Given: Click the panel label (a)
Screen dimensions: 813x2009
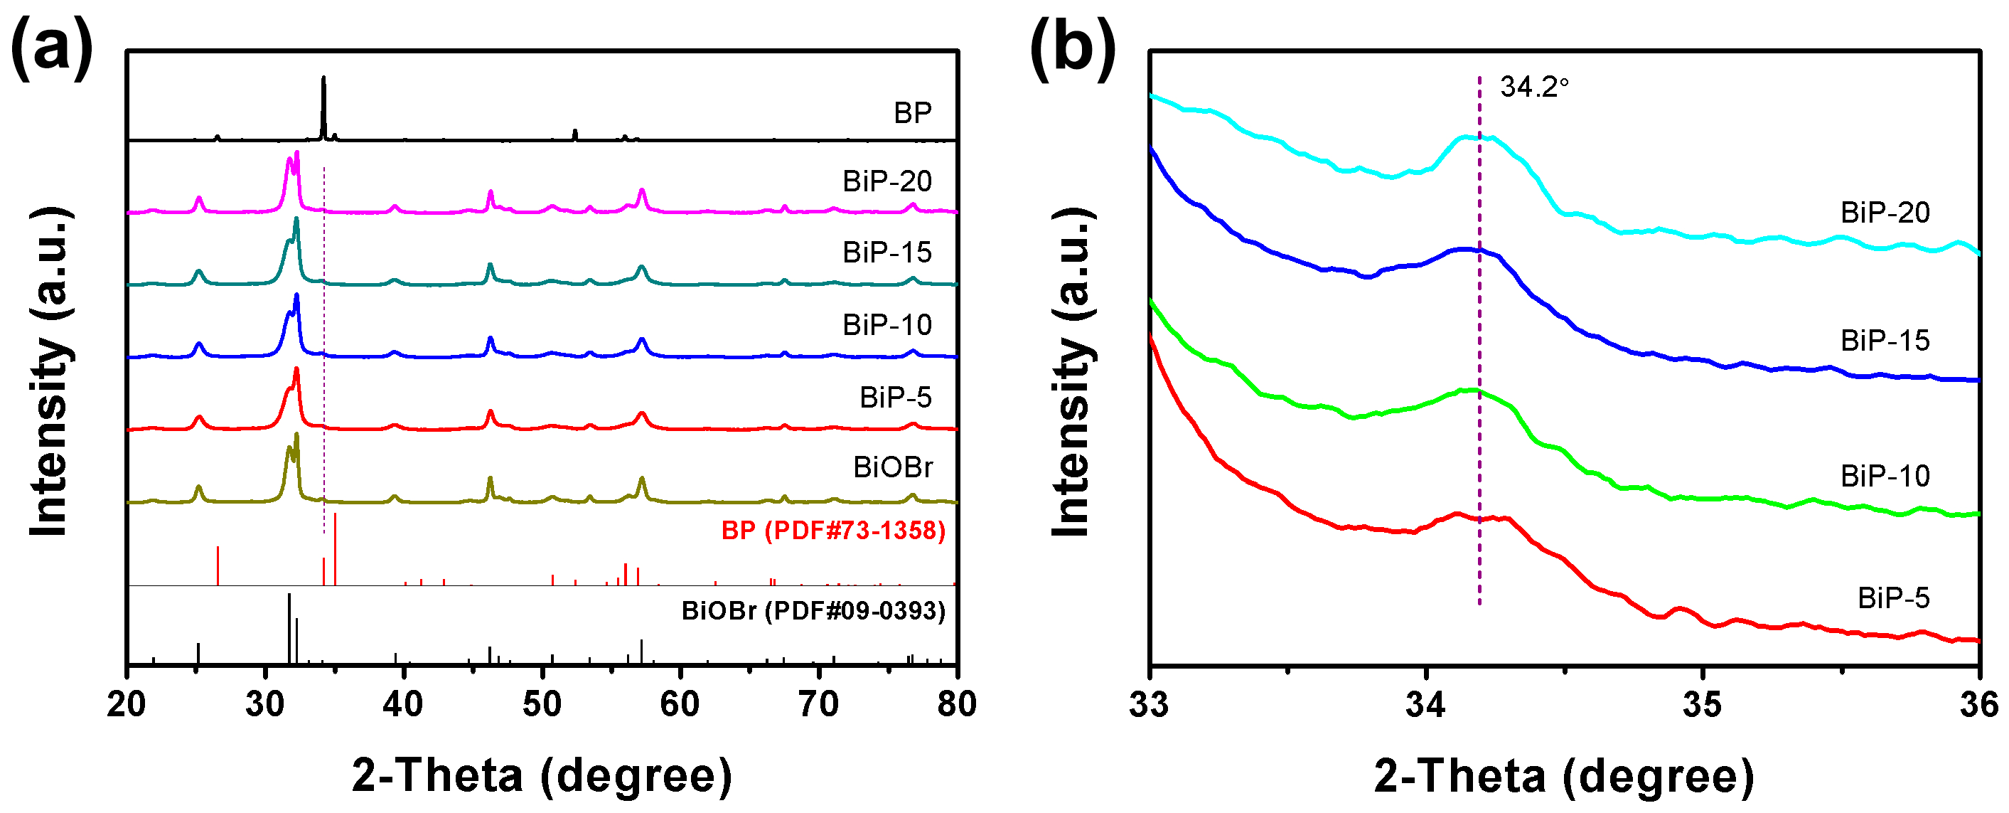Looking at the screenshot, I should coord(51,49).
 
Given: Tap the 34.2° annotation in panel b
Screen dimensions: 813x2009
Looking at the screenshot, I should coord(1533,87).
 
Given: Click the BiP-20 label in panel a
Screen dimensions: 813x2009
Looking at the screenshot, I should coord(886,181).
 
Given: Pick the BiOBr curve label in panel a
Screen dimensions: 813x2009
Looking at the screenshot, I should coord(892,467).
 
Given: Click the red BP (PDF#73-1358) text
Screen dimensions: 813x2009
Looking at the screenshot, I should coord(833,531).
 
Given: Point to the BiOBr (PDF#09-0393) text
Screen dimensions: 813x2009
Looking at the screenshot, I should coord(813,610).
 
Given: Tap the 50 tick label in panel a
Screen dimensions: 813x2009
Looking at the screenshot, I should coord(541,705).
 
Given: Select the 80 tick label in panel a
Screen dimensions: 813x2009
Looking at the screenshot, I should coord(956,705).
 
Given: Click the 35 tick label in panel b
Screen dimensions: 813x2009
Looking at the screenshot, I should coord(1703,705).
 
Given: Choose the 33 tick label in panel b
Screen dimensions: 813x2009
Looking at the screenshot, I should coord(1150,705).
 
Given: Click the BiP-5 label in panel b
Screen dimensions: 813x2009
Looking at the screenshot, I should coord(1893,597).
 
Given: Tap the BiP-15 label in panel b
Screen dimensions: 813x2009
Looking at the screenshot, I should coord(1884,340).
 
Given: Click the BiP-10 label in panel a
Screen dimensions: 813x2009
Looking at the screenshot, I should coord(886,324).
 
